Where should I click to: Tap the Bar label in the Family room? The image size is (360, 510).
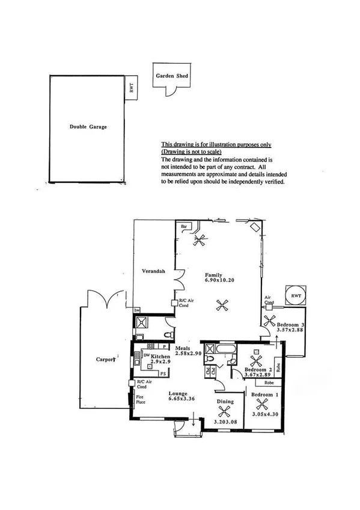tap(185, 226)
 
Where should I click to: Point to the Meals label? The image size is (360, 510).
tap(183, 348)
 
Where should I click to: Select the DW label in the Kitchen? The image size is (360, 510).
tap(146, 355)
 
